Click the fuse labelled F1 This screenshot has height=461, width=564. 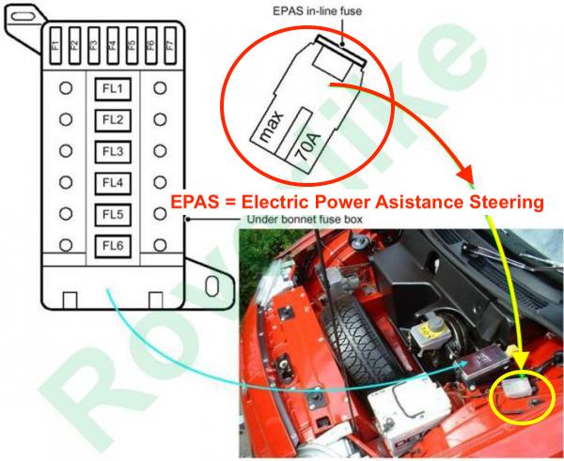(55, 46)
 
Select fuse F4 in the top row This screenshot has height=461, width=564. (113, 46)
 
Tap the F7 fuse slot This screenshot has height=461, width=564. (170, 46)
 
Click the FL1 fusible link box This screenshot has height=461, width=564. (113, 89)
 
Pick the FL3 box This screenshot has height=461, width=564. (113, 151)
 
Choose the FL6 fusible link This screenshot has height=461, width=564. (113, 246)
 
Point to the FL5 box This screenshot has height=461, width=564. (113, 214)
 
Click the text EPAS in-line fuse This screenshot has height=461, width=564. (318, 11)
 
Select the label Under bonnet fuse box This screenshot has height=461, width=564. (305, 219)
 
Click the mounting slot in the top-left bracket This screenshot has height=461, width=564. (23, 16)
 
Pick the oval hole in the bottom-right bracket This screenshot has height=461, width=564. (211, 286)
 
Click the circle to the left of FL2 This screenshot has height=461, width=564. (66, 119)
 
